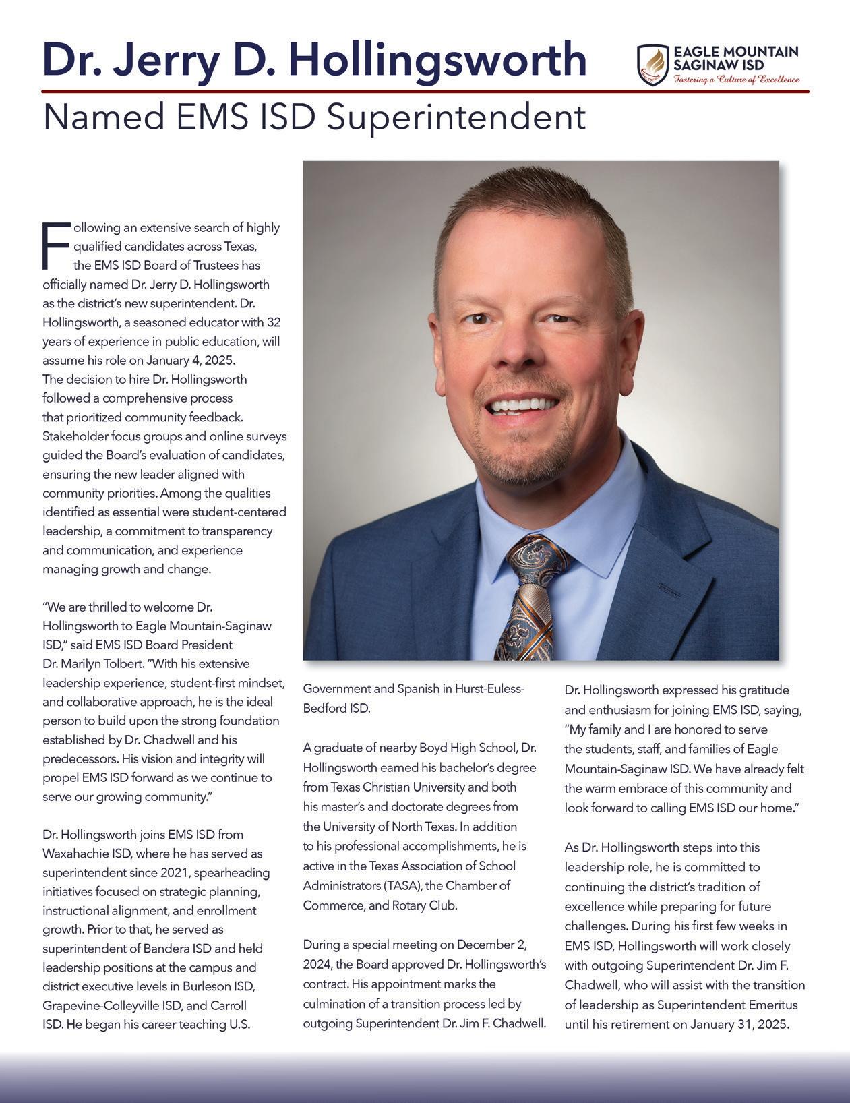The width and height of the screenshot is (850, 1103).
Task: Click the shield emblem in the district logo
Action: (x=652, y=65)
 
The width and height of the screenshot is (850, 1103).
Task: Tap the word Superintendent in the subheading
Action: (x=456, y=117)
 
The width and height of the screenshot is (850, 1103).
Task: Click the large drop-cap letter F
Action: (x=55, y=244)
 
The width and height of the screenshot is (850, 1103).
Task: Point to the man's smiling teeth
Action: (x=523, y=405)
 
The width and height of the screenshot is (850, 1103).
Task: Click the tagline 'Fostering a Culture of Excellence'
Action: (x=737, y=80)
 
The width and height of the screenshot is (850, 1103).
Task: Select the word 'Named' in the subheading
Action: (x=103, y=117)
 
